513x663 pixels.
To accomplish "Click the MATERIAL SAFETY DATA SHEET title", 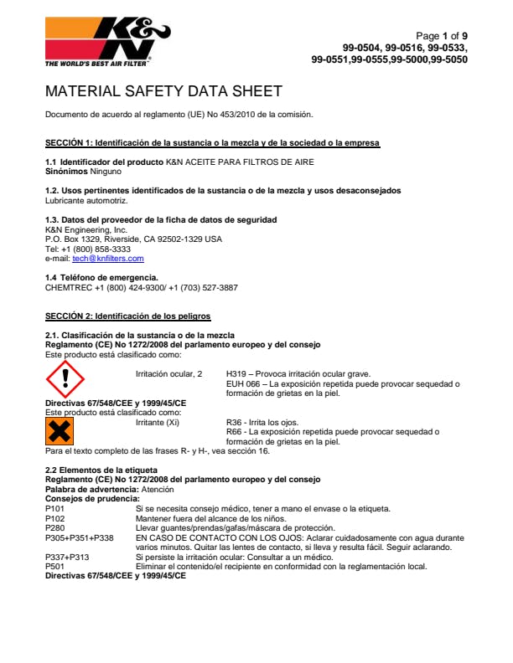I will pos(163,91).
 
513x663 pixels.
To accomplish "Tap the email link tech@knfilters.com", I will pos(108,259).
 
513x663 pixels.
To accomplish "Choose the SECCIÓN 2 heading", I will pos(127,316).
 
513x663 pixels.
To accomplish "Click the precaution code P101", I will pos(54,509).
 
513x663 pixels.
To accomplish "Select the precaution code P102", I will pos(54,518).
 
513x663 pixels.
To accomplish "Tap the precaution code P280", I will pos(54,527).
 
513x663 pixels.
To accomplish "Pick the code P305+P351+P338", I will pos(79,537).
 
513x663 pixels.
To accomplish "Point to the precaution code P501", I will pos(54,566).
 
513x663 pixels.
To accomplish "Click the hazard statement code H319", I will pos(237,373).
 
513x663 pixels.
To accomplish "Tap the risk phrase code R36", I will pos(236,422).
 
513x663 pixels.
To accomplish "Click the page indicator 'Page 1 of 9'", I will pos(442,36).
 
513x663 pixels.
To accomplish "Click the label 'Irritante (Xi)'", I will pos(161,422).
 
